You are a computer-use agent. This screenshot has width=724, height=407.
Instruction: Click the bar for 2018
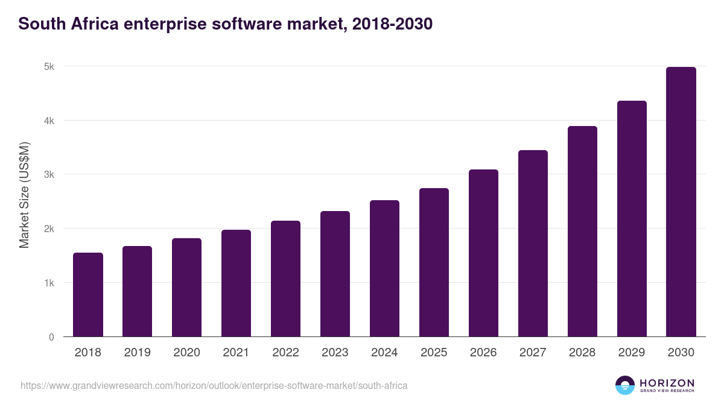click(88, 295)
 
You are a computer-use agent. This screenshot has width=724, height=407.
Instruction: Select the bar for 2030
click(681, 202)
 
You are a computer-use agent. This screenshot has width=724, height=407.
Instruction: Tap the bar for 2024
click(384, 268)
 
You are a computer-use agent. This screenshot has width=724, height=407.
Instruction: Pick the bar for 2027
click(533, 244)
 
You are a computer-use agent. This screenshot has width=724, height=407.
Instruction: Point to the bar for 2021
click(236, 283)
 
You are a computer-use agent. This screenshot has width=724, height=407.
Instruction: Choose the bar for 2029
click(632, 219)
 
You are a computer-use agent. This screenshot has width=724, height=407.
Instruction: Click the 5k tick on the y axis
click(49, 66)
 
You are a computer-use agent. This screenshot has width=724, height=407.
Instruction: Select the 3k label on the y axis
click(49, 175)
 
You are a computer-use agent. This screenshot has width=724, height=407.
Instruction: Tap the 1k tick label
click(49, 283)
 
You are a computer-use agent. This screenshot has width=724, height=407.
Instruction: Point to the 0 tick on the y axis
click(51, 337)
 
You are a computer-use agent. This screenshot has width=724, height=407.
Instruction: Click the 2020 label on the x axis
click(186, 353)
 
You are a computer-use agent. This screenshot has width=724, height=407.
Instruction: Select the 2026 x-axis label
click(483, 353)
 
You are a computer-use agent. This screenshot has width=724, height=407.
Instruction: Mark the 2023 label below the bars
click(335, 353)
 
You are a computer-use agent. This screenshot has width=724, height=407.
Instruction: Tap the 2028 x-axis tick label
click(582, 353)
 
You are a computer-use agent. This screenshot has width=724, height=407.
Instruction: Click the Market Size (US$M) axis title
click(24, 195)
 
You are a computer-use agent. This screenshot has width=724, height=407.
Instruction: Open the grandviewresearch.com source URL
click(214, 385)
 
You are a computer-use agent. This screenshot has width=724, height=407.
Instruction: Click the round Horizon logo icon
click(625, 385)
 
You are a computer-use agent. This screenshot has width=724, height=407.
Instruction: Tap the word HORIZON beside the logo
click(667, 382)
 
